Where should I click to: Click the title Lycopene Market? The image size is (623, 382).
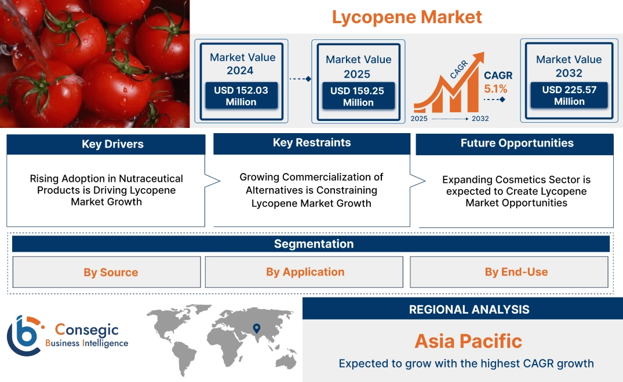pos(407,17)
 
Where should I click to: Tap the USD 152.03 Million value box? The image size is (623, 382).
pos(241,96)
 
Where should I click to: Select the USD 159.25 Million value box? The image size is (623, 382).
pos(358,97)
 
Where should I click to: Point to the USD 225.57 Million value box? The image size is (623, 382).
pos(569,95)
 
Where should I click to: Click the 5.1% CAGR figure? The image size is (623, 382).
pos(496,89)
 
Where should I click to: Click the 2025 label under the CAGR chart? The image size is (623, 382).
pos(420,119)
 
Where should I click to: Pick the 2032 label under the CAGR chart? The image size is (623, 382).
pos(479,119)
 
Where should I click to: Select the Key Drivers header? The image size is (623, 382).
pos(112,144)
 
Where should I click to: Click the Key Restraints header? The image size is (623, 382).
pos(312,143)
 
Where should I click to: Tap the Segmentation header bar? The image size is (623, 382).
pos(314,244)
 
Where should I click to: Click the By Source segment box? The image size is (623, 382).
pos(111,272)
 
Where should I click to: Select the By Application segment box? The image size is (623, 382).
pos(305,272)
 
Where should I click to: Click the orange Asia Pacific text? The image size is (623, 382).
pos(468,341)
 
